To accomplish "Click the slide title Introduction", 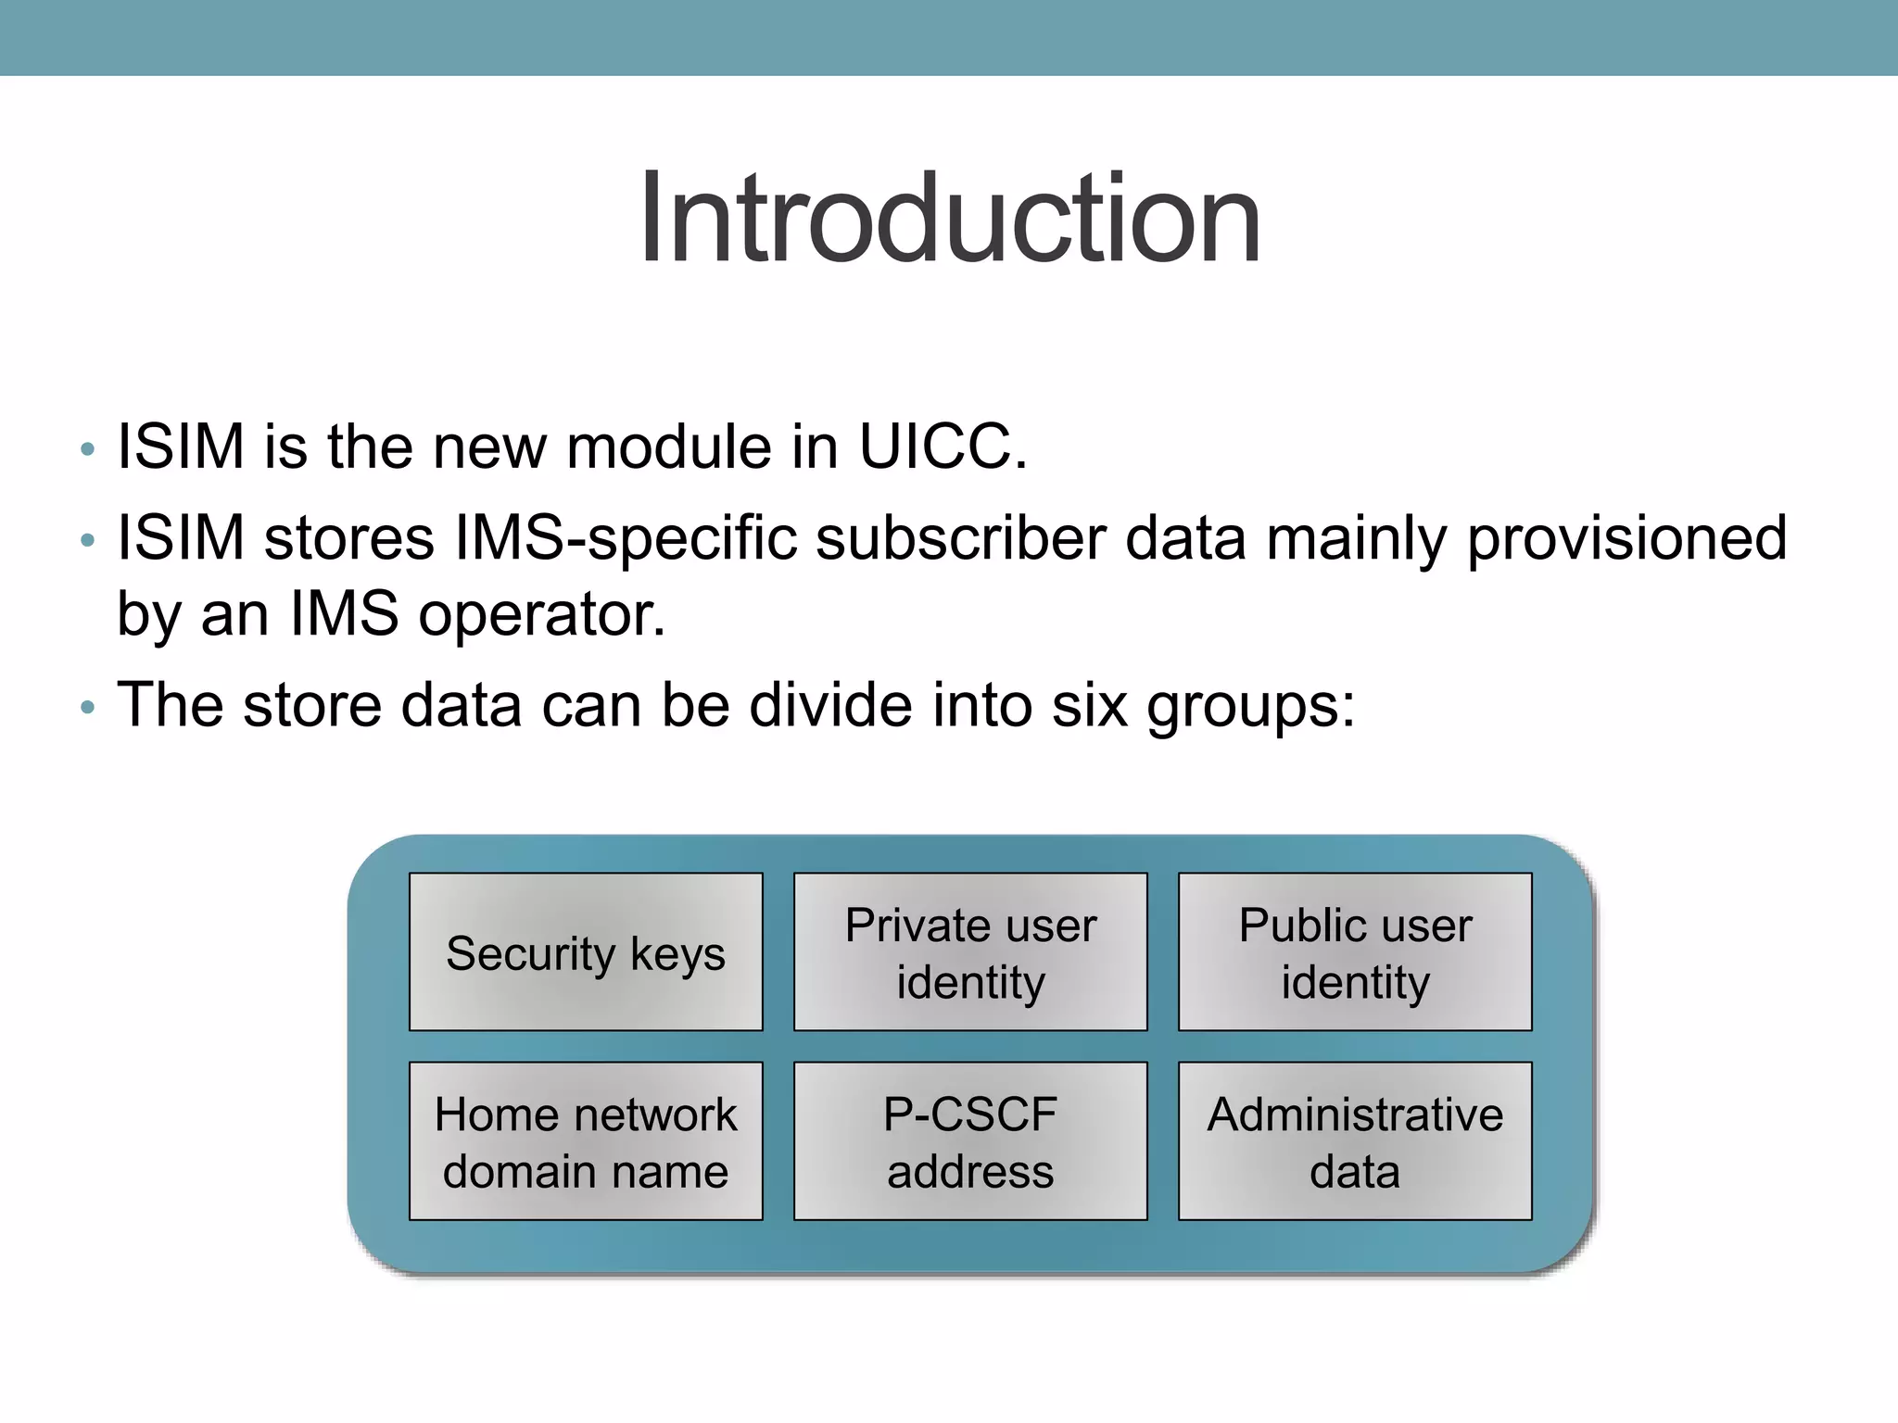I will [x=949, y=220].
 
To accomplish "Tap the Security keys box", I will [x=586, y=952].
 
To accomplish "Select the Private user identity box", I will [x=970, y=952].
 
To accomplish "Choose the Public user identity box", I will [x=1355, y=952].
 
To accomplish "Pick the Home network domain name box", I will [x=586, y=1141].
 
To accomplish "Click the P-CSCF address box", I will [x=970, y=1141].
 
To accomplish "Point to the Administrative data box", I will [x=1355, y=1141].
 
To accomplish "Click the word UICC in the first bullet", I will [x=943, y=447].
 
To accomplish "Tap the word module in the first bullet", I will [x=669, y=447].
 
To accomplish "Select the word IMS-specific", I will [x=626, y=539].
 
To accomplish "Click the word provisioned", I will [x=1626, y=539].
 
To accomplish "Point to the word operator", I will [x=541, y=615].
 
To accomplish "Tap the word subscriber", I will [x=960, y=539].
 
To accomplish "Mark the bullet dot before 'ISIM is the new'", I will [x=88, y=451].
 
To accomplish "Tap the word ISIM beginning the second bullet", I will [x=180, y=539].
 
